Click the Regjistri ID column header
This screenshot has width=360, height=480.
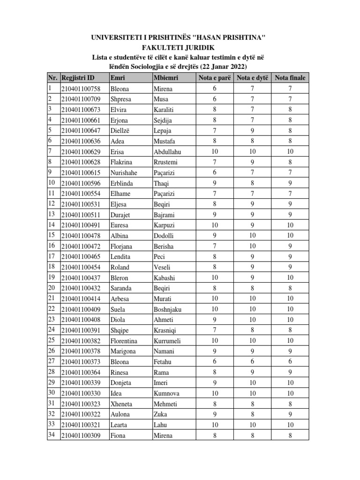77,78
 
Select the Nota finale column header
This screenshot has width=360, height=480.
290,78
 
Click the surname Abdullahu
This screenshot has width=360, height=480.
167,151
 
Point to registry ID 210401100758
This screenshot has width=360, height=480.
81,89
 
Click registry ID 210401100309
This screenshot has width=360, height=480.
81,435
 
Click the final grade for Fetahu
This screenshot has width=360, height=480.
290,362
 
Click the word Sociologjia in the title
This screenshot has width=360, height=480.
160,67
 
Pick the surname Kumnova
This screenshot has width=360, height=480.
166,393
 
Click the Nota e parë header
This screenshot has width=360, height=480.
214,78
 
